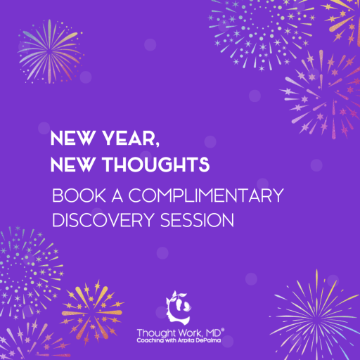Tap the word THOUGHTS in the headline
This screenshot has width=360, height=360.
point(155,165)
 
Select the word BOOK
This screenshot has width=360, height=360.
point(79,195)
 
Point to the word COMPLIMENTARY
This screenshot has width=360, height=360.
point(206,195)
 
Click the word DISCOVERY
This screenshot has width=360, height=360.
point(103,220)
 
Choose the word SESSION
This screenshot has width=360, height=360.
point(197,220)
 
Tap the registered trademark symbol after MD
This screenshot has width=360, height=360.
point(223,330)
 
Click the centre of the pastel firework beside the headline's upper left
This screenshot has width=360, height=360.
point(50,51)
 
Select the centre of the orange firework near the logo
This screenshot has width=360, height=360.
point(92,312)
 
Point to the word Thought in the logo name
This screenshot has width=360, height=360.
point(156,333)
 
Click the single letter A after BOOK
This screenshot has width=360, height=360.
point(117,195)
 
